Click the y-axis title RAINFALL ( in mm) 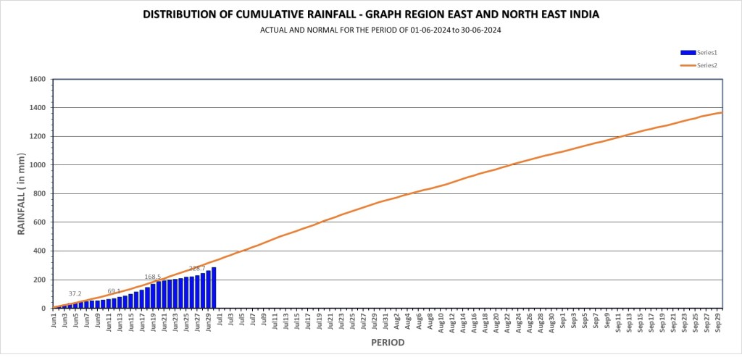click(21, 193)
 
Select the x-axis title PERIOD click(388, 342)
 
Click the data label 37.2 click(75, 293)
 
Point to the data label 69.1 click(114, 291)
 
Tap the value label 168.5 click(153, 277)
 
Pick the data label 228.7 click(197, 268)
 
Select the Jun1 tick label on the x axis click(54, 319)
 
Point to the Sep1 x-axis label click(563, 319)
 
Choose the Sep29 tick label click(718, 319)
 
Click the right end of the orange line click(722, 112)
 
